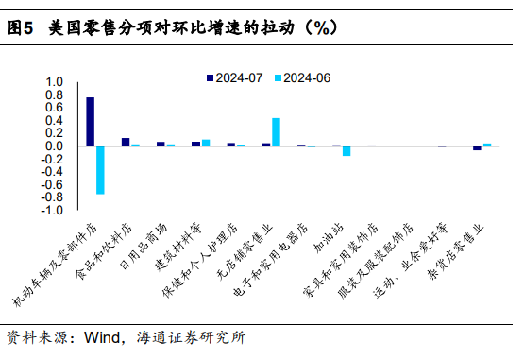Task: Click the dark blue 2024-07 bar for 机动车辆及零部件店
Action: pyautogui.click(x=91, y=122)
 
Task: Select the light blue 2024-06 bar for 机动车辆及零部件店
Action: pyautogui.click(x=100, y=170)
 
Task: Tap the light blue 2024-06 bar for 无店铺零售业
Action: pyautogui.click(x=276, y=132)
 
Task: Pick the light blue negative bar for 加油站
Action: pyautogui.click(x=347, y=151)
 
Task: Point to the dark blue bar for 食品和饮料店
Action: pyautogui.click(x=126, y=142)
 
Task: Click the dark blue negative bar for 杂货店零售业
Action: pyautogui.click(x=477, y=148)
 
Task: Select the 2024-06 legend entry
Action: pyautogui.click(x=307, y=78)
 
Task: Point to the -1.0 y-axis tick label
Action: pyautogui.click(x=52, y=210)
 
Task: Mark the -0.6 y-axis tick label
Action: pyautogui.click(x=52, y=184)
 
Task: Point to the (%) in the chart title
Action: pyautogui.click(x=318, y=29)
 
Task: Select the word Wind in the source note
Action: pyautogui.click(x=103, y=337)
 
